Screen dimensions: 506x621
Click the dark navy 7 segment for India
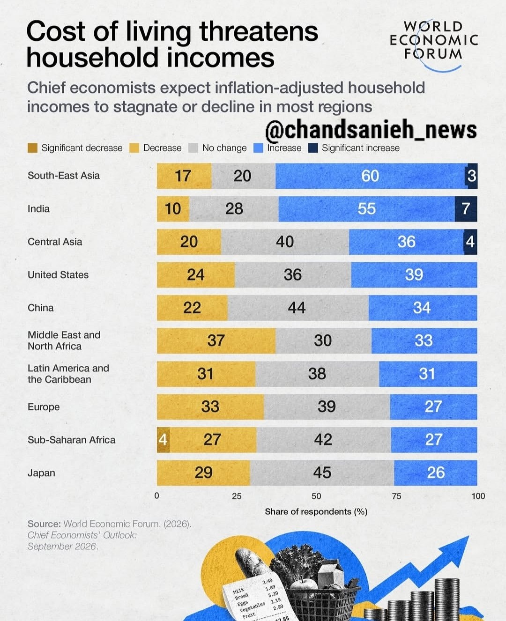[x=466, y=209]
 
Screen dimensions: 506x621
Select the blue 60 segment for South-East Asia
[x=370, y=176]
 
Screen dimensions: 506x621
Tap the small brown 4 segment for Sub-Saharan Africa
[x=163, y=440]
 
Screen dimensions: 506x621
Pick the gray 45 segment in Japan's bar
[x=322, y=473]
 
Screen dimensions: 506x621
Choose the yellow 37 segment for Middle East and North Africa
[x=216, y=341]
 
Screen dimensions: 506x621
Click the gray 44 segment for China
[x=298, y=308]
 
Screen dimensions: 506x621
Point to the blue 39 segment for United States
[x=414, y=275]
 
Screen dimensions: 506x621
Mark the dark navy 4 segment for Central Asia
[x=470, y=242]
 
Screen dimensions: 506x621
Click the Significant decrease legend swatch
[x=32, y=148]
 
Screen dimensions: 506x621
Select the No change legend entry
[x=217, y=148]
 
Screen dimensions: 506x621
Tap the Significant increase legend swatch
[x=313, y=148]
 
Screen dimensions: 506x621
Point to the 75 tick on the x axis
[x=397, y=496]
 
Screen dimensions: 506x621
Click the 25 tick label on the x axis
[x=237, y=496]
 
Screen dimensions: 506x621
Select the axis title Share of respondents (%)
[x=316, y=512]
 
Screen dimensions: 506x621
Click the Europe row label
[x=44, y=407]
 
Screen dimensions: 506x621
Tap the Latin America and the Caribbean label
[x=68, y=374]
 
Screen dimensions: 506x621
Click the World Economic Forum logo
[x=434, y=44]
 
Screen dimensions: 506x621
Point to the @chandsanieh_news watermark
[x=371, y=130]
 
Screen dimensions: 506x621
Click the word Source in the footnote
[x=44, y=524]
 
